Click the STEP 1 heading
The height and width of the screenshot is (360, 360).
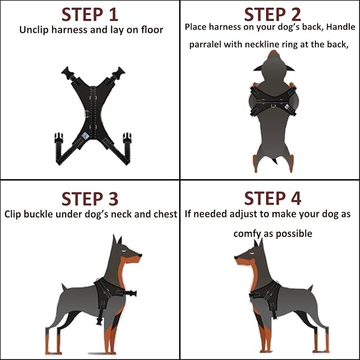pyautogui.click(x=90, y=14)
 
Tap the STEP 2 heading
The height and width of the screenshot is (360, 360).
pyautogui.click(x=272, y=14)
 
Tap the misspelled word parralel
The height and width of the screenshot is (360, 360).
pyautogui.click(x=208, y=45)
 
